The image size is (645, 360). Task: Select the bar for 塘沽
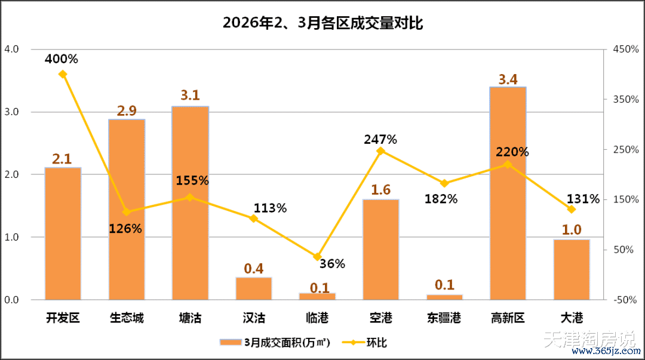pyautogui.click(x=190, y=203)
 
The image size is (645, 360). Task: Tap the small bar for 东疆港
pyautogui.click(x=444, y=297)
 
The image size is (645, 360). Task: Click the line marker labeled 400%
pyautogui.click(x=63, y=74)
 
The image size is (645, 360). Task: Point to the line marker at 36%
pyautogui.click(x=317, y=257)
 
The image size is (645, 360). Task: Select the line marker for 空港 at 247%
pyautogui.click(x=380, y=151)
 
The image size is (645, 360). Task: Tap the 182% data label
pyautogui.click(x=441, y=199)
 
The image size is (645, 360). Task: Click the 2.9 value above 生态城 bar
pyautogui.click(x=127, y=110)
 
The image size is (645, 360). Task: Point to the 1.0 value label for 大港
pyautogui.click(x=572, y=230)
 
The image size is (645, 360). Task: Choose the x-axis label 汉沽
pyautogui.click(x=254, y=318)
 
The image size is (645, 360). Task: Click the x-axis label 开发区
pyautogui.click(x=63, y=318)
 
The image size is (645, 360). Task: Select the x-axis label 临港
pyautogui.click(x=317, y=318)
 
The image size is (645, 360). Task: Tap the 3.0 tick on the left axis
pyautogui.click(x=12, y=112)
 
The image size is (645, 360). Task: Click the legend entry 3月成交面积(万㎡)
pyautogui.click(x=279, y=342)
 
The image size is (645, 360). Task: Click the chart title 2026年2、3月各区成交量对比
pyautogui.click(x=323, y=24)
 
